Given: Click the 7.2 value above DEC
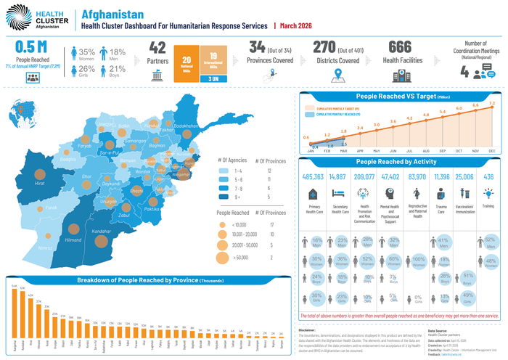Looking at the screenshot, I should pos(492,104).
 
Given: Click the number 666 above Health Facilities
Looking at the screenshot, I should pos(400,47).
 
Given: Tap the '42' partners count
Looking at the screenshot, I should pos(157,47).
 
